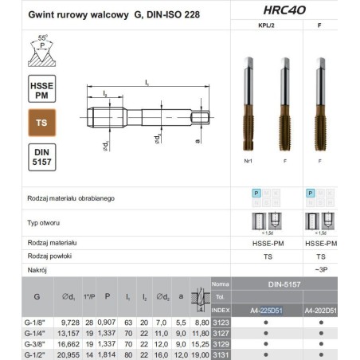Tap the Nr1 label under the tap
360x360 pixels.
coord(246,160)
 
